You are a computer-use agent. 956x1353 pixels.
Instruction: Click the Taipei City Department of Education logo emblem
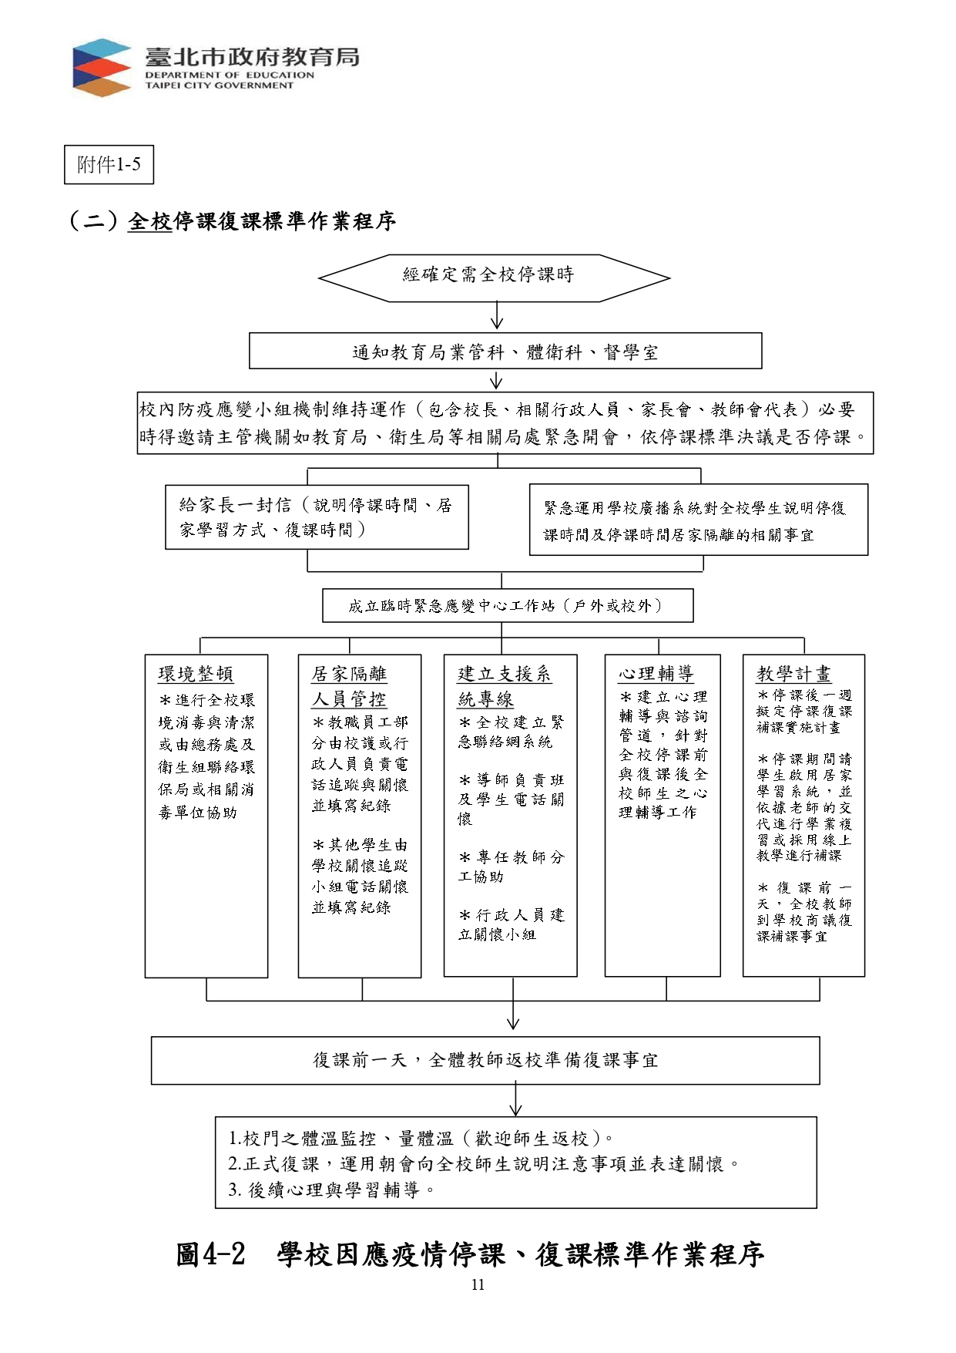(102, 68)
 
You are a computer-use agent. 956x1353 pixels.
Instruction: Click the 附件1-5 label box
(109, 165)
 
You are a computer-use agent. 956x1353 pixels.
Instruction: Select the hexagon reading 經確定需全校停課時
(494, 278)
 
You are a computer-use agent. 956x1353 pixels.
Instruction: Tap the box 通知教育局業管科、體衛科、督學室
(505, 352)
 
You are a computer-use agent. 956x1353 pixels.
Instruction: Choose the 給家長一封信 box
(317, 517)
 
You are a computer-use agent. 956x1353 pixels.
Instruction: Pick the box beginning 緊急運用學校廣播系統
(699, 520)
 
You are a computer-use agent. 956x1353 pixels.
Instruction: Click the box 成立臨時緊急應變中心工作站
(508, 606)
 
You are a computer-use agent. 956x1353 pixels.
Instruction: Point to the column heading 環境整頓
(196, 674)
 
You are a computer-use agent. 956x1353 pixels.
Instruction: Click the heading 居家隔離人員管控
(349, 686)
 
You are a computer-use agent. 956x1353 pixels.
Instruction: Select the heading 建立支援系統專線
(504, 686)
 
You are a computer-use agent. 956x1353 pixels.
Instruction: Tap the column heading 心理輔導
(656, 674)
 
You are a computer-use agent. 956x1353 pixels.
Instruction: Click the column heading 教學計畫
(793, 674)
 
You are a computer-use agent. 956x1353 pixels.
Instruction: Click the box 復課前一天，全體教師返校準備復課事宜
(485, 1061)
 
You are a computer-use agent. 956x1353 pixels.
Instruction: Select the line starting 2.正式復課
(485, 1164)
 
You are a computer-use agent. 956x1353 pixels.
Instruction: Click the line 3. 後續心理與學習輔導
(332, 1190)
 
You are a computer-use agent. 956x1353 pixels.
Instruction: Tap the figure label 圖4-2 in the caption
(210, 1254)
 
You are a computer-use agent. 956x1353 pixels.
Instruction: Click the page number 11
(478, 1284)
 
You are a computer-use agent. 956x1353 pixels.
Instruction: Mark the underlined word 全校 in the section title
(149, 221)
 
